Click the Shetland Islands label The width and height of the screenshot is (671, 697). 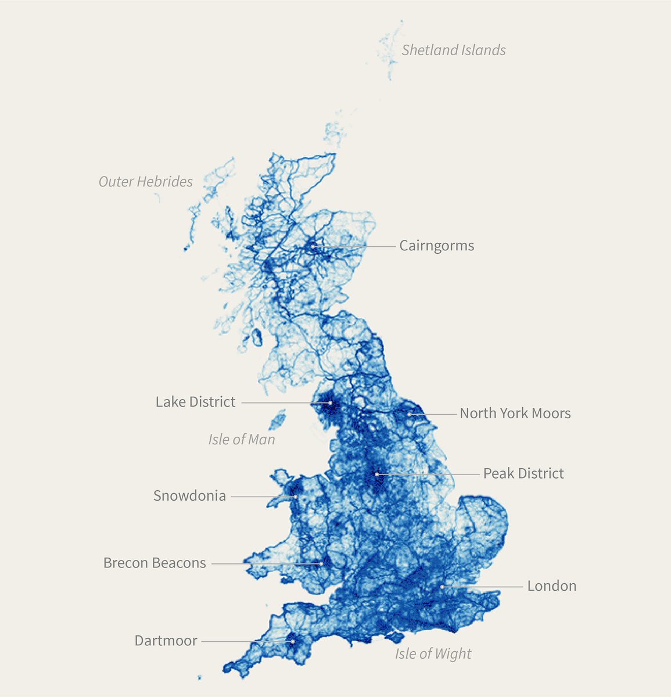tap(453, 50)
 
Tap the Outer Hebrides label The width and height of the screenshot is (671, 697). tap(145, 182)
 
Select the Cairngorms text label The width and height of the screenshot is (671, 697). tap(436, 246)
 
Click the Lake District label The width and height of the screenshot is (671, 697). tap(195, 402)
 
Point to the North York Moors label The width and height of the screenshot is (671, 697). tap(515, 414)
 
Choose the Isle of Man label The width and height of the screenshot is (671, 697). tap(241, 439)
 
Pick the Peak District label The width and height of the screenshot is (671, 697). tap(523, 473)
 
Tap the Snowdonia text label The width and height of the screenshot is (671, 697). tap(189, 496)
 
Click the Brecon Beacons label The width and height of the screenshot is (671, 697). tap(155, 563)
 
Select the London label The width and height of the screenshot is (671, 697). tap(551, 586)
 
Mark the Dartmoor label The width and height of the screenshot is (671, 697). tap(166, 641)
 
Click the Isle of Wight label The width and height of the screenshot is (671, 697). tap(433, 654)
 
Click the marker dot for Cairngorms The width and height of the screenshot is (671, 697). tap(313, 246)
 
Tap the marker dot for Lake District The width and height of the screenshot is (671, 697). tap(330, 403)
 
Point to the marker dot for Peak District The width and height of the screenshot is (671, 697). tap(376, 474)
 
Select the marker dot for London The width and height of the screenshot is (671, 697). tap(442, 587)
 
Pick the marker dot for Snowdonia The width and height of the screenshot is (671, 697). tap(295, 497)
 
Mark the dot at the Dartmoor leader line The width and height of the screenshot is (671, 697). tap(293, 641)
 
